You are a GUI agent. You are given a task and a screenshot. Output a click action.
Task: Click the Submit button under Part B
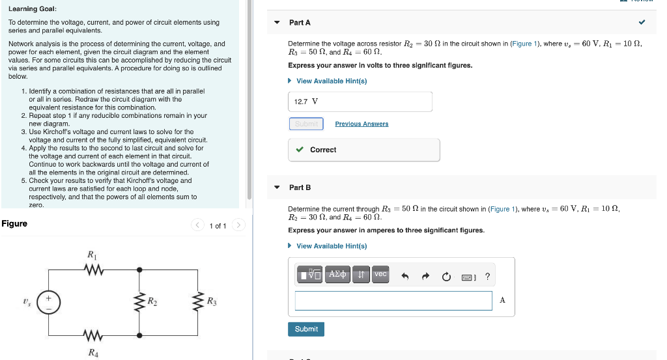306,329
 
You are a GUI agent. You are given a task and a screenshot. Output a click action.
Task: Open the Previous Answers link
362,124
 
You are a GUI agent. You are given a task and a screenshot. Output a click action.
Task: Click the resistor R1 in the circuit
92,268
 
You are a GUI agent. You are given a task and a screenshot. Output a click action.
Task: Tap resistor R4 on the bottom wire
92,336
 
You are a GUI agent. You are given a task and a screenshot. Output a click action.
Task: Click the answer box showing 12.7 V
360,102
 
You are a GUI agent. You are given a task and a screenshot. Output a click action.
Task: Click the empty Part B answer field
393,301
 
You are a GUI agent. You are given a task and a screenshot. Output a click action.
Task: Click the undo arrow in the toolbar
404,276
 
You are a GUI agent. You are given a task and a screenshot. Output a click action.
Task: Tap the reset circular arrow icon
446,276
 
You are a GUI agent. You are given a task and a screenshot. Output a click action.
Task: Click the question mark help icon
487,276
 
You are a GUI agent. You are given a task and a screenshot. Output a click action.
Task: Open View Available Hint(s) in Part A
331,81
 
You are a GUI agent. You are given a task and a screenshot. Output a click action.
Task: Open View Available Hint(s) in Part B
331,246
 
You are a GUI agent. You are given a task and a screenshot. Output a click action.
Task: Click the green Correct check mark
300,150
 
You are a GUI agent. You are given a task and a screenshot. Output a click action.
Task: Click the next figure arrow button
238,226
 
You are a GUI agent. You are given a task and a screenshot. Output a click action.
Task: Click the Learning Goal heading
33,8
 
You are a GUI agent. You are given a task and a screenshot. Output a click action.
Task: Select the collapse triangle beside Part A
277,23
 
